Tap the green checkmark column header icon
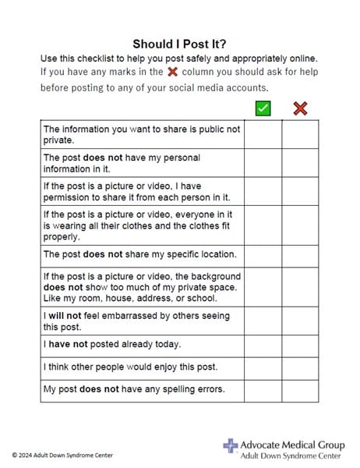click(x=263, y=108)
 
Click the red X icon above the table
click(x=300, y=108)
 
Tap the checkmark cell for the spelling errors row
click(x=263, y=390)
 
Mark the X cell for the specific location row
click(x=300, y=255)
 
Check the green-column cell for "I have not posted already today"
click(x=263, y=345)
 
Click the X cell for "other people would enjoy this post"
click(x=300, y=367)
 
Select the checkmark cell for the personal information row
click(x=263, y=163)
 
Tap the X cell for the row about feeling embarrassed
click(x=300, y=321)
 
